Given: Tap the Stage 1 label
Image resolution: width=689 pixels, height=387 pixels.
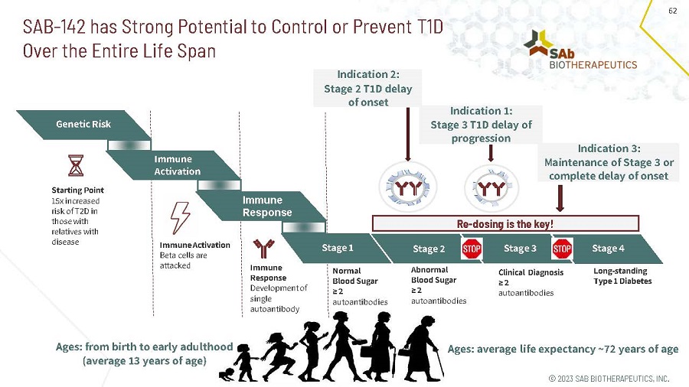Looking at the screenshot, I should [x=337, y=248].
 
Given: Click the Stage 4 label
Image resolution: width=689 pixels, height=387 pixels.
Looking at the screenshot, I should [x=609, y=248].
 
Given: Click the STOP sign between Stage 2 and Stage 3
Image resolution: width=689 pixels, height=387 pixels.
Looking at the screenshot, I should [x=472, y=249].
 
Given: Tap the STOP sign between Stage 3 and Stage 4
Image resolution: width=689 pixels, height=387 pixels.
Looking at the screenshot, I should [x=563, y=249].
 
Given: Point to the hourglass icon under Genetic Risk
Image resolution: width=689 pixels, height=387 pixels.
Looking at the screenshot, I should [x=76, y=165].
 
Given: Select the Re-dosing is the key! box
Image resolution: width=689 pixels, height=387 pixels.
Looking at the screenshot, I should [x=505, y=224].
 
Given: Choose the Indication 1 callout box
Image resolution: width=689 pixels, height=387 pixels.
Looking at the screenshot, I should [x=481, y=125].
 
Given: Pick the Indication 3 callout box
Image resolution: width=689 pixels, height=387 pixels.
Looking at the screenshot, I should [x=609, y=162].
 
